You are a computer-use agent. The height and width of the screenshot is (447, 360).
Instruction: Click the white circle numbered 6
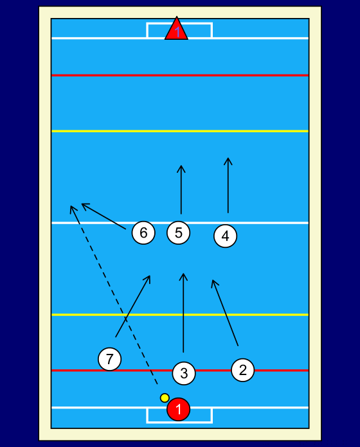coord(143,232)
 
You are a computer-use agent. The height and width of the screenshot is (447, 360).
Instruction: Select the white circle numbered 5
coord(178,232)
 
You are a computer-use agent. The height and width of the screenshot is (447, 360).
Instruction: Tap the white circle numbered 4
coord(226,236)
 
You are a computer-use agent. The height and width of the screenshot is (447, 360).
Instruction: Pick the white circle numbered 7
coord(109,359)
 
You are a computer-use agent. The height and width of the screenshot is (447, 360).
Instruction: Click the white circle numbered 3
coord(184,373)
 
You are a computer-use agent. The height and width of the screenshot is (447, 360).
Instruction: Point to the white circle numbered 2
coord(243,370)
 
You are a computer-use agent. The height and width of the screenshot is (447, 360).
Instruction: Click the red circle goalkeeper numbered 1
coord(178,409)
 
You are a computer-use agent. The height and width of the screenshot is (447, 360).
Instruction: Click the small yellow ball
coord(165,398)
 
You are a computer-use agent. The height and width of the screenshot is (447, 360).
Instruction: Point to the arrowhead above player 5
coord(181,166)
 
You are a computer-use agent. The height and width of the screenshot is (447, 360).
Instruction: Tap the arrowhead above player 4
coord(228,158)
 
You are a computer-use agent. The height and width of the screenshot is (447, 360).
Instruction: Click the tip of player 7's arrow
coord(150,276)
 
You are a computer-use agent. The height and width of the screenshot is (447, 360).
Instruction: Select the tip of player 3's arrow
coord(183,274)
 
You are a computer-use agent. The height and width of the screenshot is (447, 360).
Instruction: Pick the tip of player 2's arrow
coord(212,280)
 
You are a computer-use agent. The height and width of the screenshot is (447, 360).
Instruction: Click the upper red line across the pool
coord(180,75)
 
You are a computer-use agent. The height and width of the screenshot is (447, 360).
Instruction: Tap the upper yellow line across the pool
coord(180,131)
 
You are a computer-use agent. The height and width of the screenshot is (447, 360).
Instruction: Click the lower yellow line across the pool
coord(180,315)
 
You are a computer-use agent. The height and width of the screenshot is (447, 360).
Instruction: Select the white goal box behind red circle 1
coord(179,423)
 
